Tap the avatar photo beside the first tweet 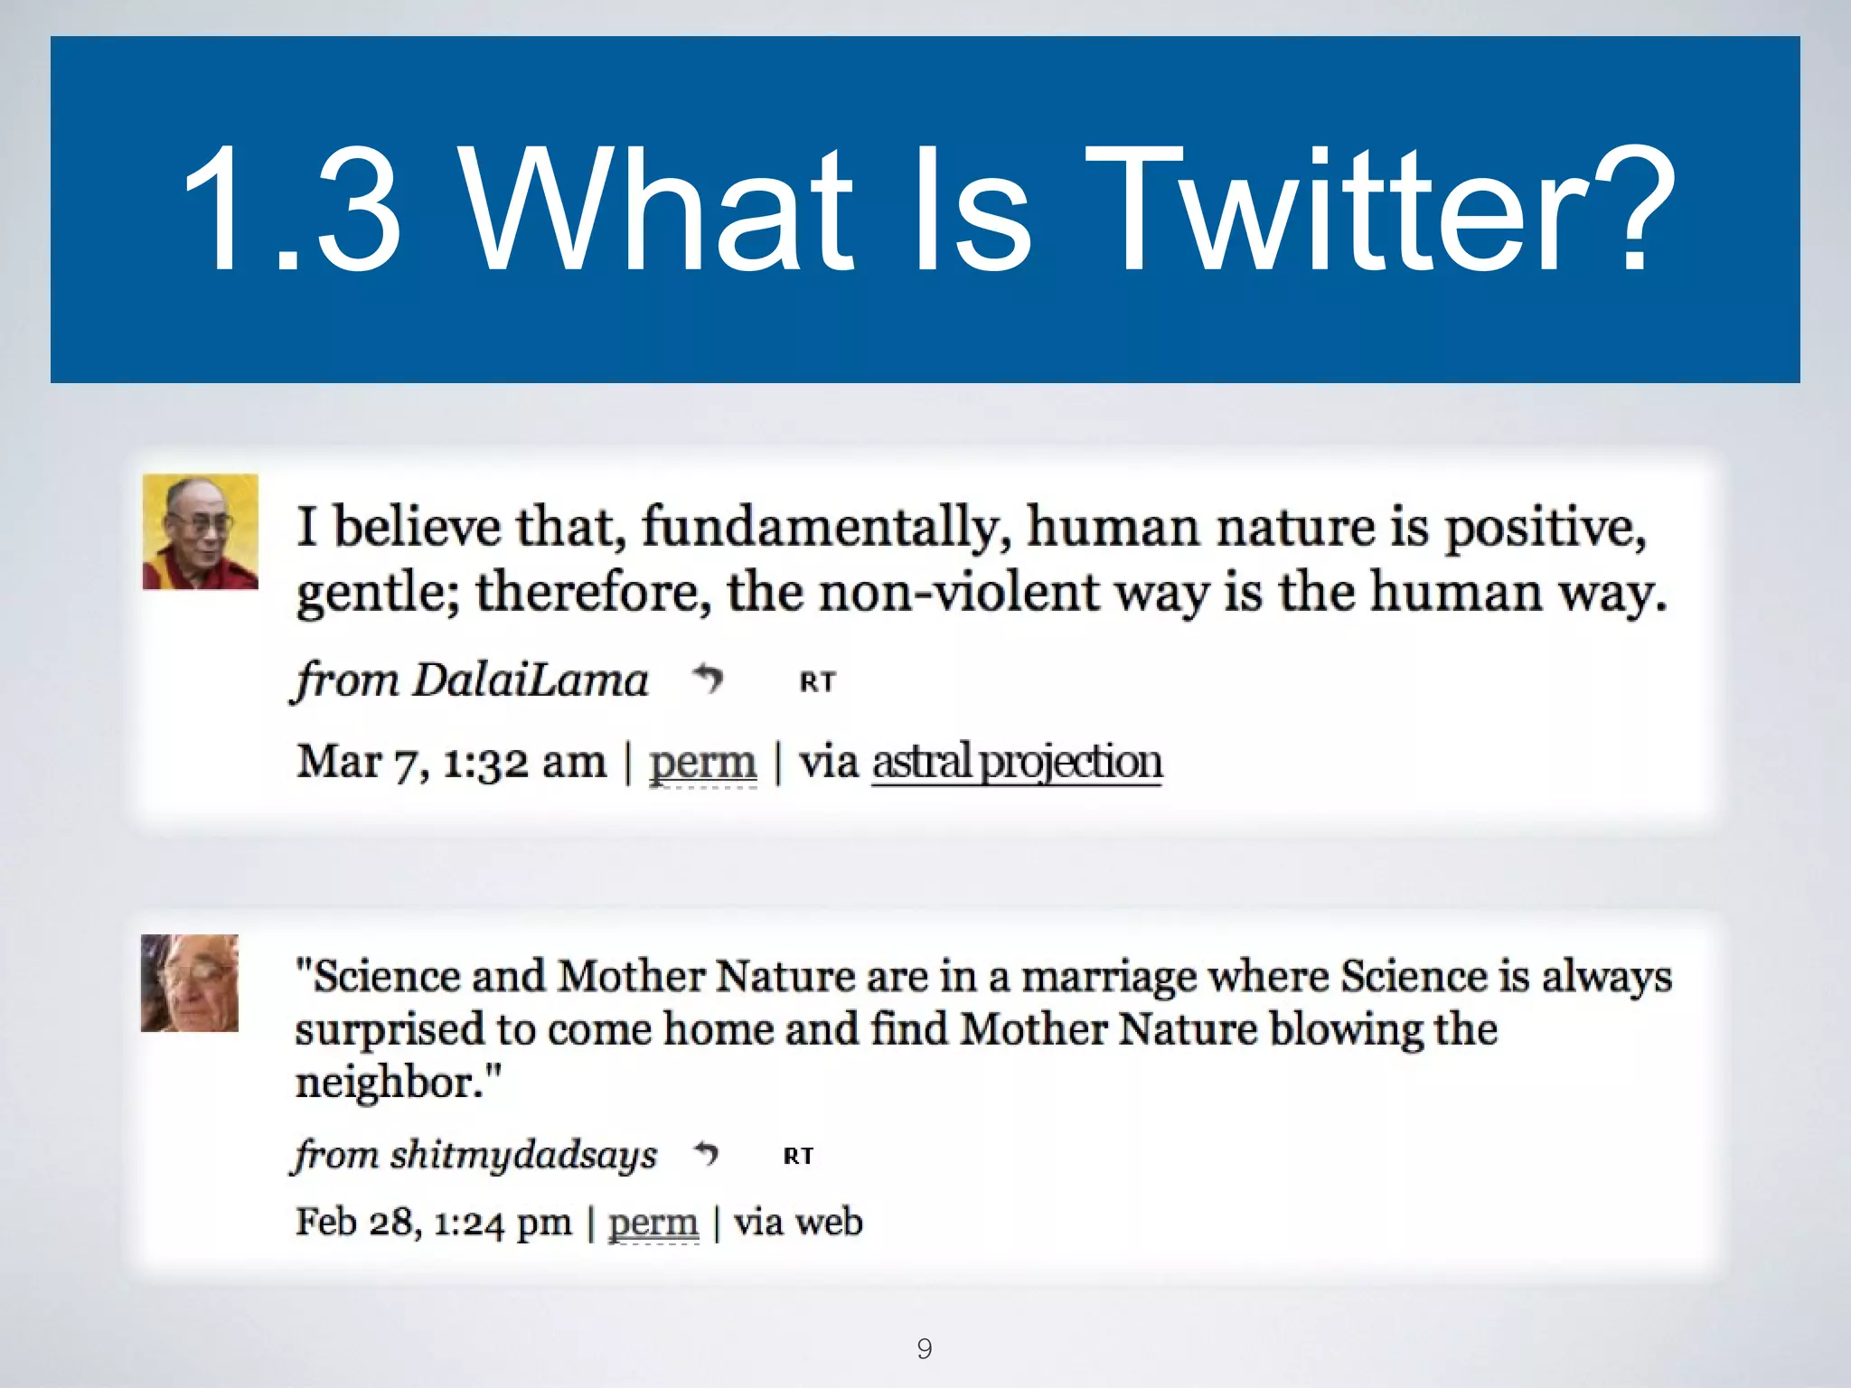(200, 531)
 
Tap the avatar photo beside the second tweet (190, 983)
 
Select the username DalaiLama (530, 680)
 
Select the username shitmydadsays (523, 1155)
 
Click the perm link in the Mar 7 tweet (702, 762)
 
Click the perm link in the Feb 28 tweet (653, 1223)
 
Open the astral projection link (1017, 762)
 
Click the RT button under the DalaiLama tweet (818, 681)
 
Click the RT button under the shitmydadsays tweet (798, 1156)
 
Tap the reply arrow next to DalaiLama (708, 678)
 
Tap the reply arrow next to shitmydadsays (706, 1153)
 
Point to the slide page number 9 (924, 1348)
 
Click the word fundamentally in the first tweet (826, 527)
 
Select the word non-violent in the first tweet (960, 594)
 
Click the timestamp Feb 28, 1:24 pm (433, 1223)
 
